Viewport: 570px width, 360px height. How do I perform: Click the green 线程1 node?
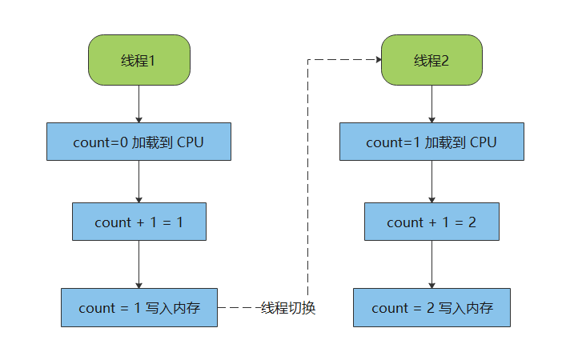click(x=138, y=60)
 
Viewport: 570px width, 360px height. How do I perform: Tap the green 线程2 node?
click(x=432, y=60)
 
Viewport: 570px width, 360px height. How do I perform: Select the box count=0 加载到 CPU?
click(x=138, y=142)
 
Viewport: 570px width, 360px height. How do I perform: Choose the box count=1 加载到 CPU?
click(x=432, y=142)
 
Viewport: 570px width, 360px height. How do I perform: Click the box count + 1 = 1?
click(x=138, y=222)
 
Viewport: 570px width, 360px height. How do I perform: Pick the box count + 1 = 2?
click(x=432, y=222)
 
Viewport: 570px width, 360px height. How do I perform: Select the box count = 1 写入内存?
click(x=138, y=307)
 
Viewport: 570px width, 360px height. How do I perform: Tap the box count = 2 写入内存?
click(x=432, y=307)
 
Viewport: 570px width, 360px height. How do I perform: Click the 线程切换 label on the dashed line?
click(x=288, y=308)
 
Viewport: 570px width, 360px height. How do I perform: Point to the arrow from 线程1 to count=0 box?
click(x=138, y=103)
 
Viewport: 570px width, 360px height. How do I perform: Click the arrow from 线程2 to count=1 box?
click(x=432, y=103)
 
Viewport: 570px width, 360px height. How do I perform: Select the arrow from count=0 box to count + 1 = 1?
click(x=138, y=182)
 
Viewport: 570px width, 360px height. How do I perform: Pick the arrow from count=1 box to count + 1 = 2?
click(x=432, y=182)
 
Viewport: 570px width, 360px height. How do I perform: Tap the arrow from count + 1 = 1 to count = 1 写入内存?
click(x=138, y=265)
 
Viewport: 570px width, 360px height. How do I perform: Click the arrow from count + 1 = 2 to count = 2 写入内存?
click(x=432, y=265)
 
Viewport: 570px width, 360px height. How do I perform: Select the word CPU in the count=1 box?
click(x=483, y=142)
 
